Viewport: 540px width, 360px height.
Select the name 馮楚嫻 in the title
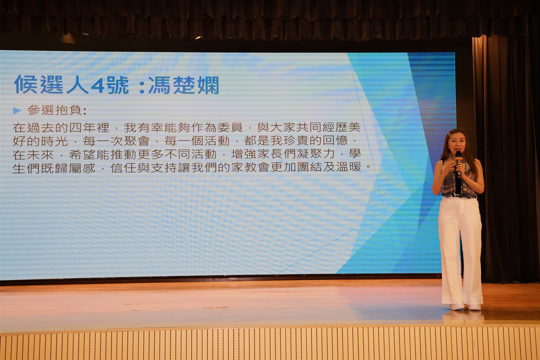(x=184, y=85)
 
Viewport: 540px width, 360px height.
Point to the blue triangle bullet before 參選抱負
(x=17, y=111)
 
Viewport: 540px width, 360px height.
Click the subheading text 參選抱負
(x=55, y=110)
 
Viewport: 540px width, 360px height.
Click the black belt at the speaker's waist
(x=459, y=196)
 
